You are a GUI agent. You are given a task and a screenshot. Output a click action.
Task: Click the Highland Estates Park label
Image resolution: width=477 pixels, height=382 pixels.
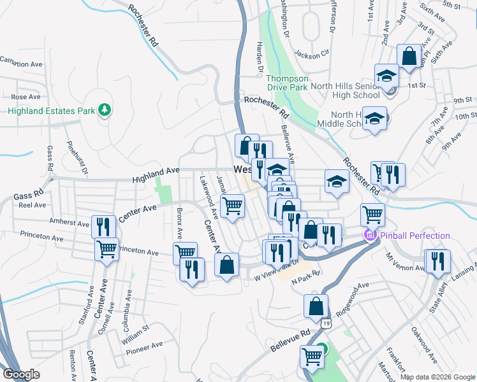point(50,111)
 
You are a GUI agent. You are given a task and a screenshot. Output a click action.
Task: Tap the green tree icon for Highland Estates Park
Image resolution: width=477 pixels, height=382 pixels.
point(104,110)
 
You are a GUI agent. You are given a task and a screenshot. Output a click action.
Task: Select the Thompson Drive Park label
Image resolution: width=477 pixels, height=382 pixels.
point(286,82)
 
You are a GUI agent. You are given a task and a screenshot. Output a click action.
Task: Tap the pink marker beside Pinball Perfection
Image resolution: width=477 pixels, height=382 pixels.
point(369,236)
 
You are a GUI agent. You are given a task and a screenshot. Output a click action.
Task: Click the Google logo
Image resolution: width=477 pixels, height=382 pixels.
point(22,374)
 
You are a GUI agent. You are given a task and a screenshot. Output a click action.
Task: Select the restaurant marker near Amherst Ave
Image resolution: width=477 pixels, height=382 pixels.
point(103,227)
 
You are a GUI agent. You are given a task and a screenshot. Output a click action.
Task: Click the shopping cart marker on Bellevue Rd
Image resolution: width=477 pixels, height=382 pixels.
point(312,356)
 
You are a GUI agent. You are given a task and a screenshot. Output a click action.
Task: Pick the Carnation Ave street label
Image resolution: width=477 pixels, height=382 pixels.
point(20,63)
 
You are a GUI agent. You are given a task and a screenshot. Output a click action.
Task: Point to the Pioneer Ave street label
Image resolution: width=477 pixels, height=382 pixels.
point(144,347)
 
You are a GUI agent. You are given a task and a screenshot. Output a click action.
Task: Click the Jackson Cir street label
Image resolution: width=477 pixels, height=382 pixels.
point(311,53)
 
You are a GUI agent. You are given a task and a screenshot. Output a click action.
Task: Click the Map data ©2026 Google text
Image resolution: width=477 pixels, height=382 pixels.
point(437,377)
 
